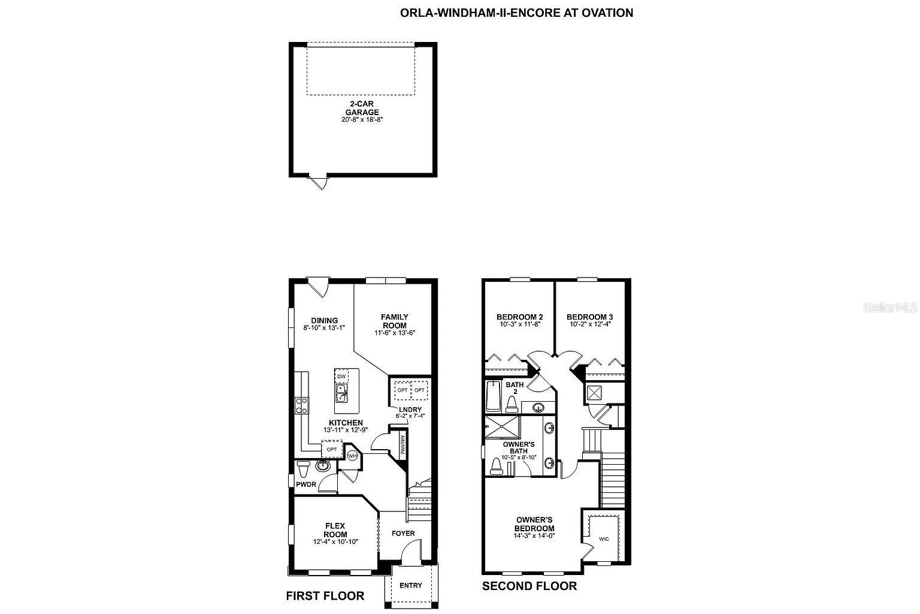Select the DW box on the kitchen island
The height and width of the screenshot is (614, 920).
[x=341, y=377]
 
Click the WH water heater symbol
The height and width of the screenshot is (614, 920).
[x=352, y=456]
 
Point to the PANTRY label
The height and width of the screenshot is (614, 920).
[x=403, y=445]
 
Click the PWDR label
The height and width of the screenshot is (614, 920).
[x=305, y=484]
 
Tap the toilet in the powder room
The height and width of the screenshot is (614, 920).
[x=302, y=466]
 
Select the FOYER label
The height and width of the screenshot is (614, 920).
[x=403, y=533]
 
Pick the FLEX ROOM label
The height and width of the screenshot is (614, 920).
[x=335, y=530]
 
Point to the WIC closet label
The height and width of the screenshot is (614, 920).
[x=604, y=539]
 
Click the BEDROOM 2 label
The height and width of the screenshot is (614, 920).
[x=519, y=317]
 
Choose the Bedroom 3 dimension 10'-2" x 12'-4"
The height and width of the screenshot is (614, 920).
[x=589, y=324]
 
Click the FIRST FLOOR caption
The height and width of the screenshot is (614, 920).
[x=325, y=595]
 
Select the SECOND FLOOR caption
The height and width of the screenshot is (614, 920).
[x=529, y=586]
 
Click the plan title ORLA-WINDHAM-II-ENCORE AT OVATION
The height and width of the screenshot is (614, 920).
[x=516, y=13]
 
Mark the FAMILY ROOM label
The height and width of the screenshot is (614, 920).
[x=395, y=321]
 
